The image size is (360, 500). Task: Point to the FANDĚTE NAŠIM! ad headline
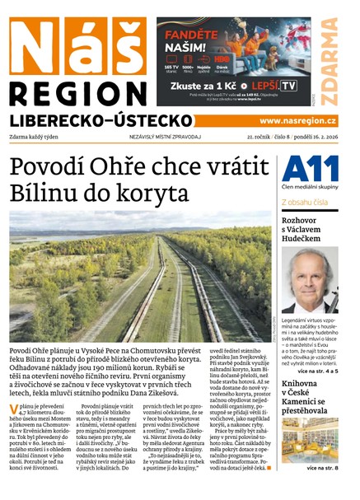(194, 38)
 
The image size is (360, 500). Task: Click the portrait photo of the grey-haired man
(310, 278)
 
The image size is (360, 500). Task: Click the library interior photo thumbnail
(310, 441)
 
